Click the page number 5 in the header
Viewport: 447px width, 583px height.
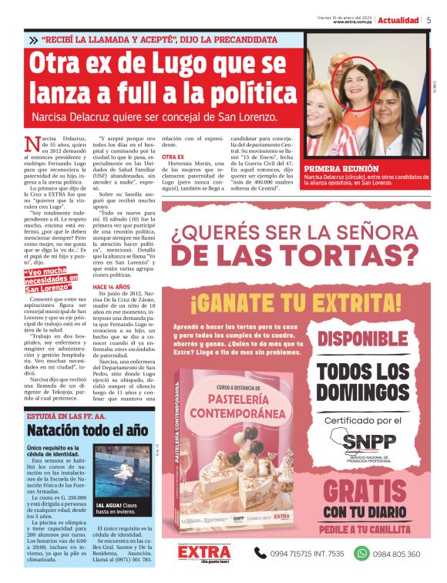click(429, 20)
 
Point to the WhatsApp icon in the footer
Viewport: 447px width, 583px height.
click(361, 553)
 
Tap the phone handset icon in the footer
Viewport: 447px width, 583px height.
click(261, 553)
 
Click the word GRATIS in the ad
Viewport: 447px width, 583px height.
click(365, 490)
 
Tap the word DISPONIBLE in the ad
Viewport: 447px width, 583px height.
click(365, 339)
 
